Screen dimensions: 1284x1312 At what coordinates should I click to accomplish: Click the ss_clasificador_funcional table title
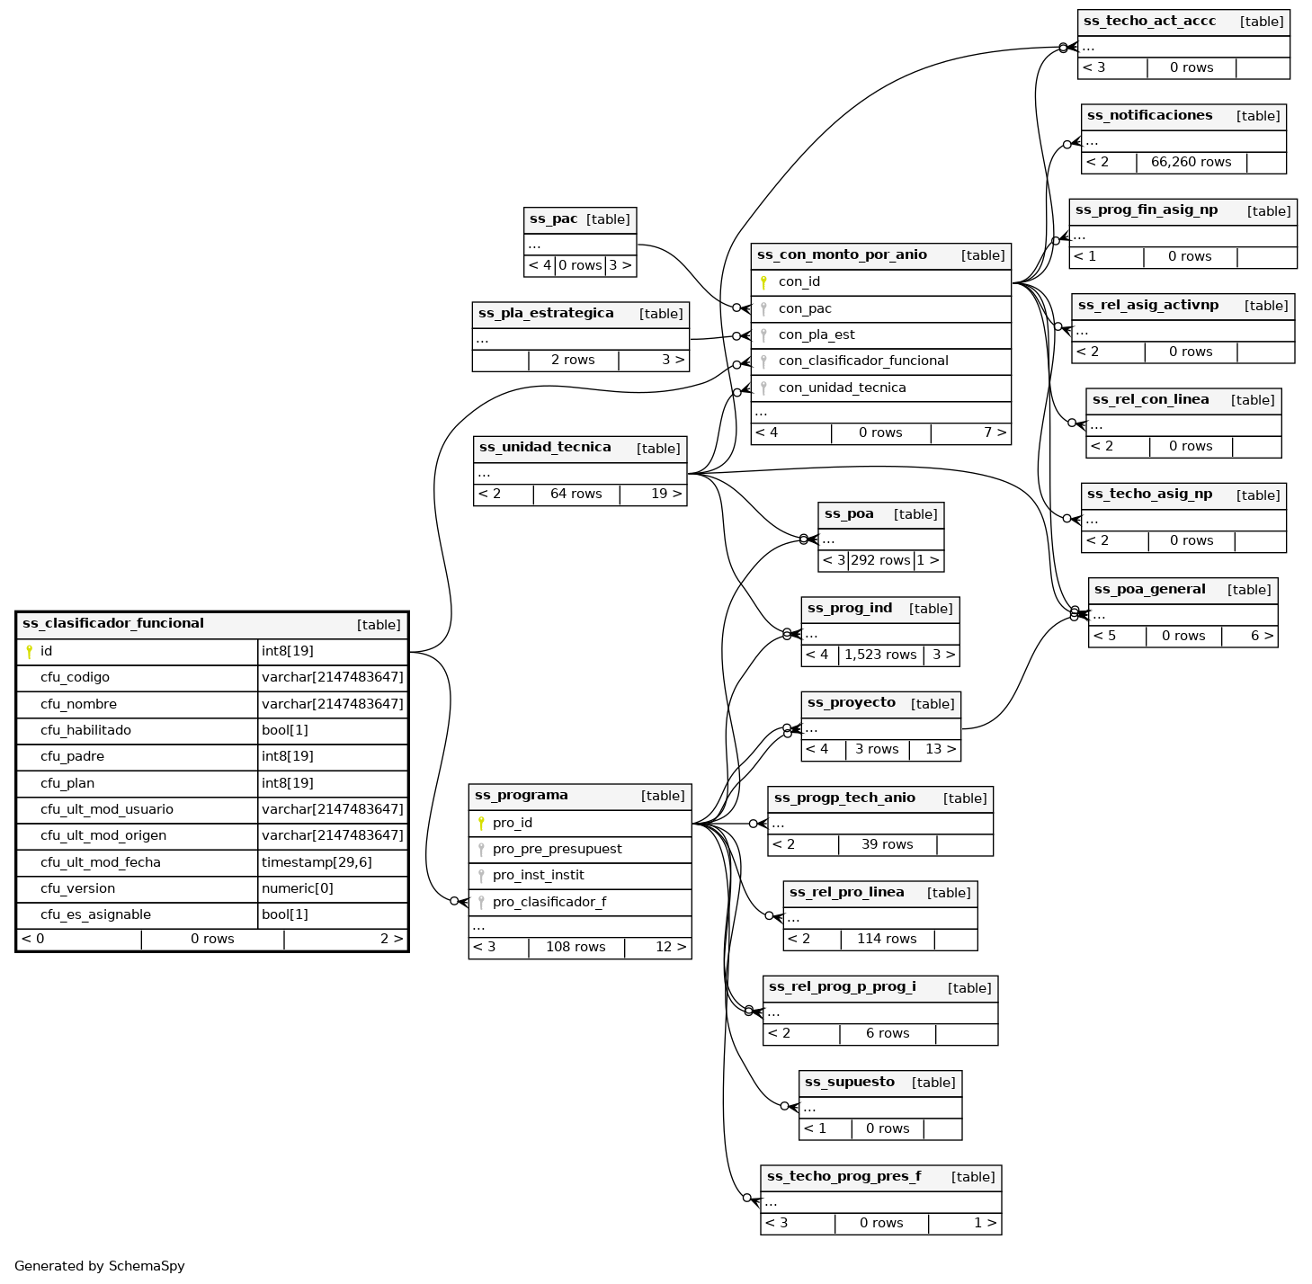pyautogui.click(x=113, y=623)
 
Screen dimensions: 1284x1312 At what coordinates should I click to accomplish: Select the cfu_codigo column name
pyautogui.click(x=75, y=677)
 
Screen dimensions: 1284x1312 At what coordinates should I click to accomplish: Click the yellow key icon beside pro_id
pyautogui.click(x=481, y=823)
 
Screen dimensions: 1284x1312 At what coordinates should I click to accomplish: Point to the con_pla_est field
pyautogui.click(x=817, y=334)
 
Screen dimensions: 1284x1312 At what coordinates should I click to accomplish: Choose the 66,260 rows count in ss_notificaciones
pyautogui.click(x=1191, y=162)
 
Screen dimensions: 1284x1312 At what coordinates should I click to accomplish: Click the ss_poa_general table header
pyautogui.click(x=1149, y=590)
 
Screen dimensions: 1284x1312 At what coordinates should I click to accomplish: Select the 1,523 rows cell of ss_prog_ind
pyautogui.click(x=880, y=655)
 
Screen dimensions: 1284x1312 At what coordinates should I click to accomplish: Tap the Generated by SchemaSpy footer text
pyautogui.click(x=100, y=1265)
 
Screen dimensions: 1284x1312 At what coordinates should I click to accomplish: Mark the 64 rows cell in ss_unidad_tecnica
pyautogui.click(x=576, y=494)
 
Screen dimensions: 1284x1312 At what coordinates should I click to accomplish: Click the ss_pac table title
pyautogui.click(x=553, y=218)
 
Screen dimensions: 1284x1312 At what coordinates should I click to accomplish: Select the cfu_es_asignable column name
pyautogui.click(x=95, y=914)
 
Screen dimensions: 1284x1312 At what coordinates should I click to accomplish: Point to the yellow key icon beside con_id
pyautogui.click(x=763, y=282)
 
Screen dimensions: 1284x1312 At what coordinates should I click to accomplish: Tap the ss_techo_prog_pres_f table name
pyautogui.click(x=843, y=1176)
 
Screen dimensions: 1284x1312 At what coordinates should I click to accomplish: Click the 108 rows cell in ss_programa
pyautogui.click(x=576, y=947)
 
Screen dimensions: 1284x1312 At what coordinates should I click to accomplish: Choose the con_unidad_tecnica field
pyautogui.click(x=842, y=388)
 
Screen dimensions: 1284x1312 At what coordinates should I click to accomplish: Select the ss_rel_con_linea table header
pyautogui.click(x=1150, y=400)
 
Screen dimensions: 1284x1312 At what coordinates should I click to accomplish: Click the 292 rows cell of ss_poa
pyautogui.click(x=880, y=560)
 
